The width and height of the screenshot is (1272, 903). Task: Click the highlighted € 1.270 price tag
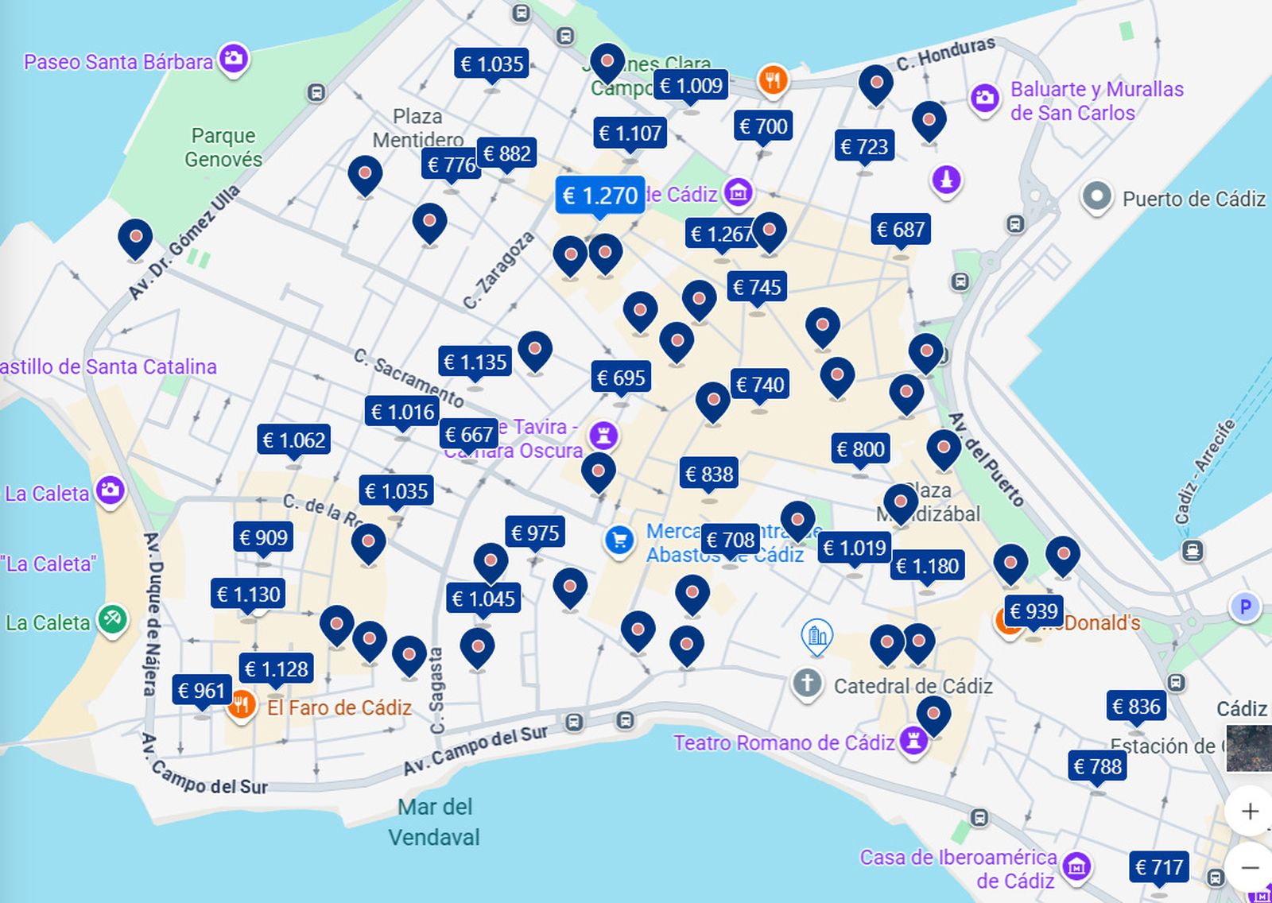click(599, 196)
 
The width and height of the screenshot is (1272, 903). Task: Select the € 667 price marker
click(468, 435)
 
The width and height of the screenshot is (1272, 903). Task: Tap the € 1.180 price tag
click(927, 566)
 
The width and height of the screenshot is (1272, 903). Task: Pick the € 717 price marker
click(1159, 867)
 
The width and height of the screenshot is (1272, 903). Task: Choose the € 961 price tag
click(202, 691)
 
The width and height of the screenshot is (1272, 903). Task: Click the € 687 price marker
click(900, 230)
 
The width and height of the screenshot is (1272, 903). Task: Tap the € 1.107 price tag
click(630, 133)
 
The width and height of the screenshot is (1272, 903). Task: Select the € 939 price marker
click(1033, 611)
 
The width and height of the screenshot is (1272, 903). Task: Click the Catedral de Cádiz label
click(913, 686)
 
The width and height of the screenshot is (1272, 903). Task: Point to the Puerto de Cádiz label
click(1192, 199)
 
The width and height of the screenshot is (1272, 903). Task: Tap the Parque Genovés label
click(223, 147)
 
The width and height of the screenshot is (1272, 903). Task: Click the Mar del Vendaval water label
click(434, 822)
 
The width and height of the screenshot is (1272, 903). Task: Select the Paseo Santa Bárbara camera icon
click(234, 58)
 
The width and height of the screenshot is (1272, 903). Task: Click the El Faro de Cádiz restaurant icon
click(241, 705)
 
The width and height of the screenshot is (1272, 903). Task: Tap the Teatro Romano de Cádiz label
click(783, 742)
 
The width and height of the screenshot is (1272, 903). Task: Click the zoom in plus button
click(1249, 811)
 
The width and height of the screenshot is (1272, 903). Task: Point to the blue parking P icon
click(1244, 607)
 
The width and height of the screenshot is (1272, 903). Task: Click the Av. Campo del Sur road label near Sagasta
click(475, 750)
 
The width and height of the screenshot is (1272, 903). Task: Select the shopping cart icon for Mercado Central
click(619, 541)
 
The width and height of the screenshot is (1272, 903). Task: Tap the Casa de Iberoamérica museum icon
click(1076, 866)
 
